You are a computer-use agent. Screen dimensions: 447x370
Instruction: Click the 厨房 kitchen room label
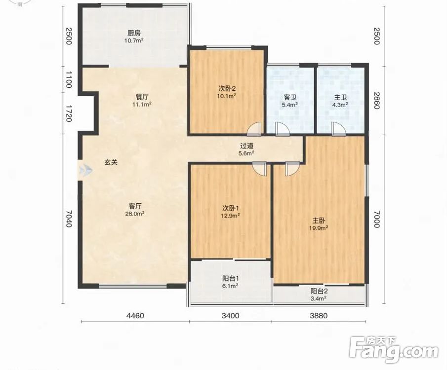[133, 33]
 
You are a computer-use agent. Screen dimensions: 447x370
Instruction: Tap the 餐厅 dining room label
[141, 97]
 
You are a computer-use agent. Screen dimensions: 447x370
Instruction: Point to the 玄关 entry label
[111, 162]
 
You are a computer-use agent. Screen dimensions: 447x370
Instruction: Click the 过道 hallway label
[246, 146]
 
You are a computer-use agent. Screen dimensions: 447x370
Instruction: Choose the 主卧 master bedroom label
[319, 221]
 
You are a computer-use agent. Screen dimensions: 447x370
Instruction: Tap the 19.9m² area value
[319, 228]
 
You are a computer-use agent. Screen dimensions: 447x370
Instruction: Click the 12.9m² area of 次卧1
[230, 216]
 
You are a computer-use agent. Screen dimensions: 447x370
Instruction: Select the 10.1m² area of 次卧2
[226, 96]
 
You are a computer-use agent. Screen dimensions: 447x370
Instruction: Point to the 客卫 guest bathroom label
[290, 98]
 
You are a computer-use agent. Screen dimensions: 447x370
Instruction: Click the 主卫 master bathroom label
[340, 98]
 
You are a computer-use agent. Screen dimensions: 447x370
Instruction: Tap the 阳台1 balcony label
[230, 278]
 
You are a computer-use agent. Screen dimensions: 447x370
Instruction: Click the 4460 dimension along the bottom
[135, 316]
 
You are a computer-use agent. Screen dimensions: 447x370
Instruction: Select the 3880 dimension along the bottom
[319, 316]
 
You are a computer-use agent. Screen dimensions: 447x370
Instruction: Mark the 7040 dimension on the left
[69, 219]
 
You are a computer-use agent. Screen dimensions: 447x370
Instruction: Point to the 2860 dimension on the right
[376, 101]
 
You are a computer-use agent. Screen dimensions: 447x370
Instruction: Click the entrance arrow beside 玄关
[85, 171]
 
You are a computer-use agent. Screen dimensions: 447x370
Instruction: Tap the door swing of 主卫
[338, 128]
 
